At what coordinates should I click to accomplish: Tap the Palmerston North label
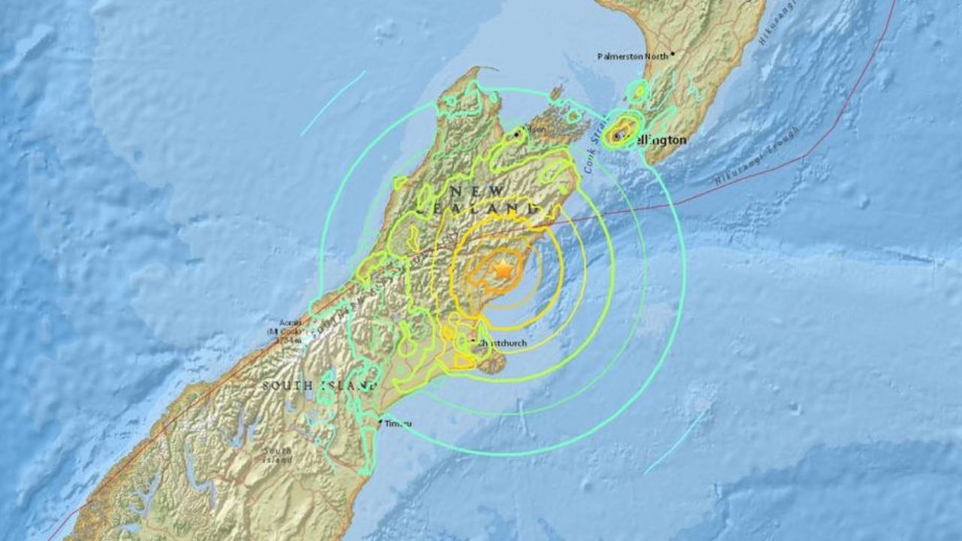click(632, 56)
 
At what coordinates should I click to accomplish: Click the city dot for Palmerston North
click(673, 53)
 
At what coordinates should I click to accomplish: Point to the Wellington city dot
click(617, 136)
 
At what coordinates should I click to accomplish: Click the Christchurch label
click(501, 344)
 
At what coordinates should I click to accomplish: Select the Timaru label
click(398, 425)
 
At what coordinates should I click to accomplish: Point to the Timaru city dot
click(381, 424)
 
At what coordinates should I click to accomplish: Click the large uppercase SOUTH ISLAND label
click(319, 385)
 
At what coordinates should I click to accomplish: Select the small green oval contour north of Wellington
click(638, 92)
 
